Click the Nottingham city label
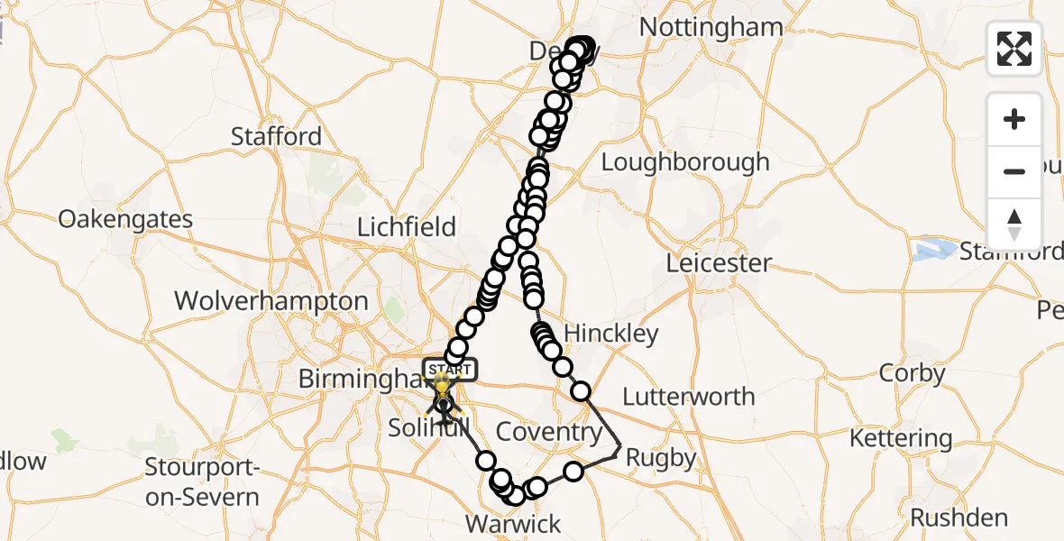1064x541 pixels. click(711, 27)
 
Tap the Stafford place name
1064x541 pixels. click(276, 137)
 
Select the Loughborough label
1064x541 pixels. click(685, 162)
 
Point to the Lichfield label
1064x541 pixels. click(407, 226)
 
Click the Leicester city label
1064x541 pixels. click(719, 264)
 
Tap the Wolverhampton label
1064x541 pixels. click(271, 301)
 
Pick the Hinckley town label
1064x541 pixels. click(612, 334)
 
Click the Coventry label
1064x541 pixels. click(549, 432)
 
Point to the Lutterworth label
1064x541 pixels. click(689, 397)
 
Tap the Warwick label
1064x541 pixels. click(512, 524)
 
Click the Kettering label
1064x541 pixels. click(901, 439)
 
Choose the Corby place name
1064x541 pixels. click(913, 373)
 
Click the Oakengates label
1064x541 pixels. click(125, 219)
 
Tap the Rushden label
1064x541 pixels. click(959, 518)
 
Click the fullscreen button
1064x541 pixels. click(1014, 49)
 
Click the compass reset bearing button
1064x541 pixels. click(1014, 224)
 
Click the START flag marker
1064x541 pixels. click(449, 370)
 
